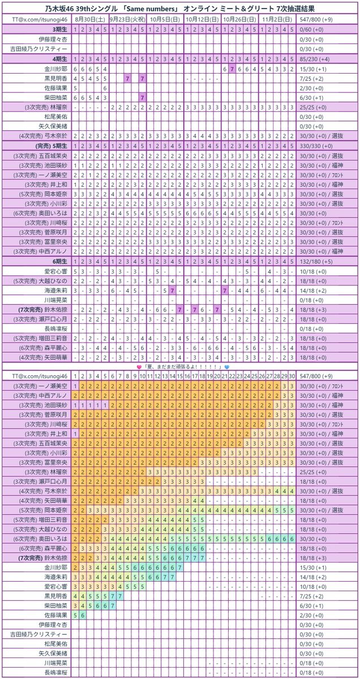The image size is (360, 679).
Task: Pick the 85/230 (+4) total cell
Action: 320,58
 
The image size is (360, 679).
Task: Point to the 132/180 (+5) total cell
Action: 320,262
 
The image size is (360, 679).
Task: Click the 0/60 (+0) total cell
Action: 317,29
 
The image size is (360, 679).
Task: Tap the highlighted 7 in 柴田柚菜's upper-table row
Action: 143,97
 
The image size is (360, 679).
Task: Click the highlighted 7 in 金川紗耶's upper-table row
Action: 232,68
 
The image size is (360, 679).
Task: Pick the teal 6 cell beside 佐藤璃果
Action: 83,614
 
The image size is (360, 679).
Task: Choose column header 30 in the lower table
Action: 292,376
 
